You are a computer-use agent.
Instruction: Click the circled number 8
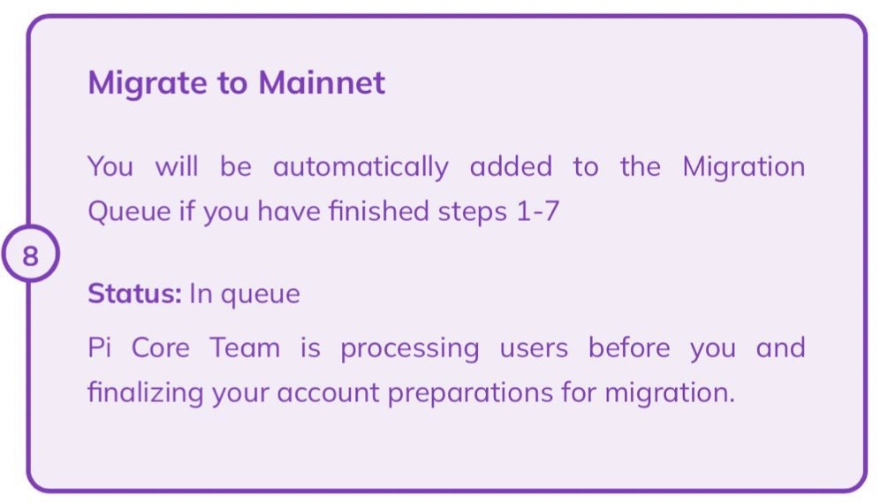[31, 256]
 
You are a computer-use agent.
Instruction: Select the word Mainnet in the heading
[322, 83]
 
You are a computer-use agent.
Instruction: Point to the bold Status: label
[133, 293]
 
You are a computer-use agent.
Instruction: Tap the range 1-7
[535, 212]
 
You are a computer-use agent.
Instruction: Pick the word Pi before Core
[97, 347]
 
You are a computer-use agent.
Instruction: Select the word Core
[161, 347]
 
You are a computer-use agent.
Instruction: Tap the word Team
[245, 347]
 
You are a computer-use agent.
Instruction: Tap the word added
[511, 166]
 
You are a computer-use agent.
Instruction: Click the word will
[177, 166]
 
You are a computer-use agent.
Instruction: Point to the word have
[286, 212]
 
